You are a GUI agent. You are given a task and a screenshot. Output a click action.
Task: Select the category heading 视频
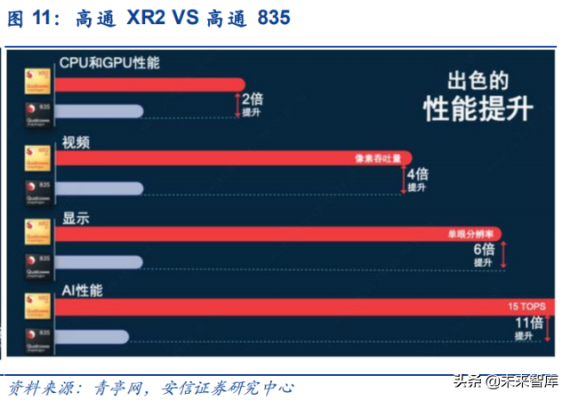point(73,142)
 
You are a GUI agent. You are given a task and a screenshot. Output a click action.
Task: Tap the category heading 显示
point(73,217)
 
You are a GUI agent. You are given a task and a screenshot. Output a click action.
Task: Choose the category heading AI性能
point(82,291)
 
